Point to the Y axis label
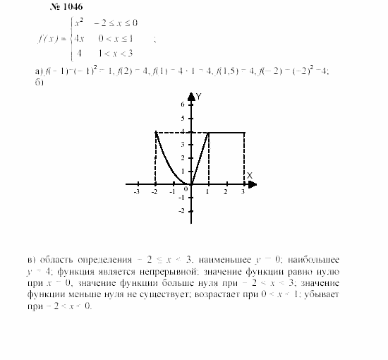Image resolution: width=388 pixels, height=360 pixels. point(200,95)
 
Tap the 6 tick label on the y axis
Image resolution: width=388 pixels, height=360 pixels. point(182,104)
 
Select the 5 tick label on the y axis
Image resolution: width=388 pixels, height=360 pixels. point(182,118)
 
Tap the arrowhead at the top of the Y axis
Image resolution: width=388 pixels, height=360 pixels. point(190,93)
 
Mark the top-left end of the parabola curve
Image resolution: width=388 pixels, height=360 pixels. point(155,132)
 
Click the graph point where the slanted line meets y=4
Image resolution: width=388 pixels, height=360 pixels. point(208,132)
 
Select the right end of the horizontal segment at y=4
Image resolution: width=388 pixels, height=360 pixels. point(244,132)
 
